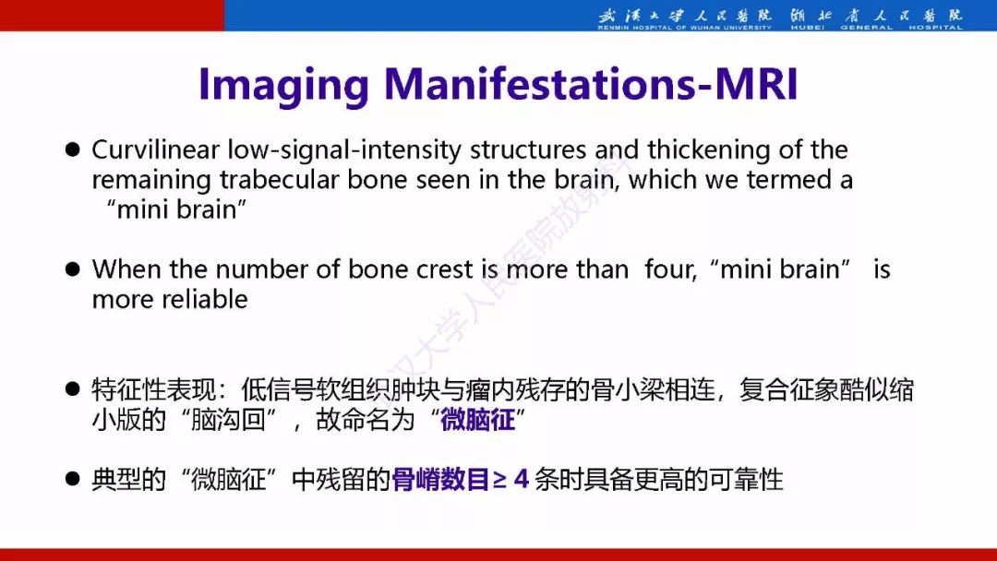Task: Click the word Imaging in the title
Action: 284,86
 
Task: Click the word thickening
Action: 709,150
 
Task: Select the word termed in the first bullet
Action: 788,180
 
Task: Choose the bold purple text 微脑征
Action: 477,420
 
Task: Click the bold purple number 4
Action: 522,479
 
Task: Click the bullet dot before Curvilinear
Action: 73,150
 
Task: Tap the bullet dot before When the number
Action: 73,269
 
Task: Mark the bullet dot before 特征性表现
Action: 73,388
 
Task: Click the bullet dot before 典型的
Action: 73,479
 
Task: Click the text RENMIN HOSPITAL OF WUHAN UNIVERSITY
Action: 684,28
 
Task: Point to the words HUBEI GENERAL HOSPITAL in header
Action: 877,28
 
